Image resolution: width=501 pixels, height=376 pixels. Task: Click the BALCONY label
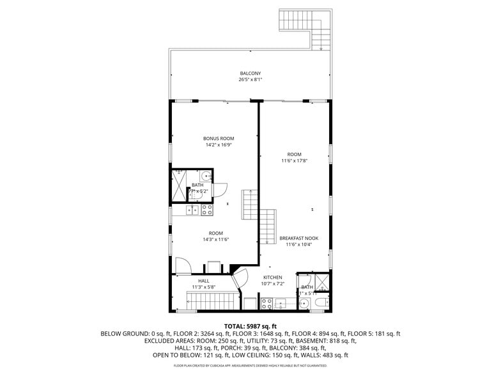tap(250, 74)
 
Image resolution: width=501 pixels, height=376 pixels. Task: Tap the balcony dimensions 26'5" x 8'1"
tap(250, 80)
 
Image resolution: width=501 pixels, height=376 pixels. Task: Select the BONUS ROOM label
tap(219, 139)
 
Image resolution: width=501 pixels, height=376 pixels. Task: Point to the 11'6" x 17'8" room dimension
tap(294, 161)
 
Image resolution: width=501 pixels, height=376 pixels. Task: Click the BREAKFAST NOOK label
tap(298, 239)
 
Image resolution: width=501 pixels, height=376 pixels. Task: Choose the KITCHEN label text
tap(272, 278)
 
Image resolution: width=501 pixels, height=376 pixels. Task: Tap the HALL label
tap(204, 281)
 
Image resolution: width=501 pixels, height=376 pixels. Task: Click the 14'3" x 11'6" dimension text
tap(215, 239)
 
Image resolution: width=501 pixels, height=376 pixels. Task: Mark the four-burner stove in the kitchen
tap(280, 302)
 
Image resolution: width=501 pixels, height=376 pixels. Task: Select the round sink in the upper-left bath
tap(206, 177)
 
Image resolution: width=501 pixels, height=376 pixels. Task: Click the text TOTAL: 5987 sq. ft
tap(250, 326)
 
